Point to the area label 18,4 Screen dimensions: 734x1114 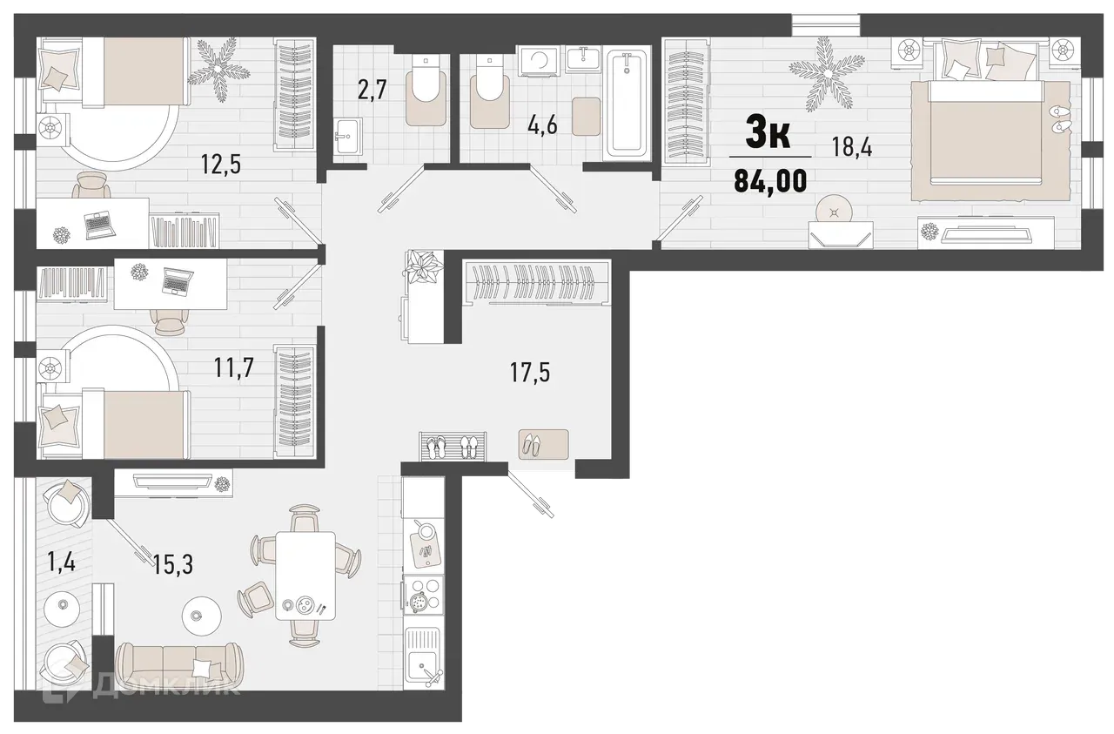click(x=853, y=147)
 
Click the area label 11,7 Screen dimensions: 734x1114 click(x=233, y=368)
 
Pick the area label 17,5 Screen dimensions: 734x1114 click(x=531, y=374)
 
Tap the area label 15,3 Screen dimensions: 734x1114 click(x=172, y=565)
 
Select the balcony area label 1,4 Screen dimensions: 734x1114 click(x=62, y=562)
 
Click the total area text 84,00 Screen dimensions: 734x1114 click(x=769, y=181)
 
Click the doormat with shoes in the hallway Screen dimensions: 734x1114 click(x=543, y=445)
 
